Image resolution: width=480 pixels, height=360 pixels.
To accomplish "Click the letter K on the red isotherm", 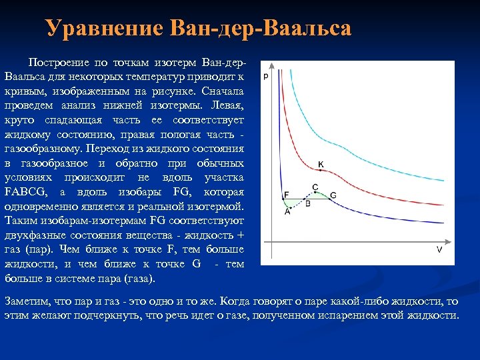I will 321,164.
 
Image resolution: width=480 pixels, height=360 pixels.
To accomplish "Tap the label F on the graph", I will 286,195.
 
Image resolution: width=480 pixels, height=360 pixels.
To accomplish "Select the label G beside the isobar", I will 333,195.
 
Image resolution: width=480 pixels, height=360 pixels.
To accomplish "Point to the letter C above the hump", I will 315,187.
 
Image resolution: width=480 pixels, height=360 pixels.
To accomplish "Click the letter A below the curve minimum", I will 287,212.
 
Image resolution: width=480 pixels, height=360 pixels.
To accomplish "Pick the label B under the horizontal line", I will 307,203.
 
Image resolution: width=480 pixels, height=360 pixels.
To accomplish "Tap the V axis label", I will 439,249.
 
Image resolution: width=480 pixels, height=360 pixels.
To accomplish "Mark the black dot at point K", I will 320,171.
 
